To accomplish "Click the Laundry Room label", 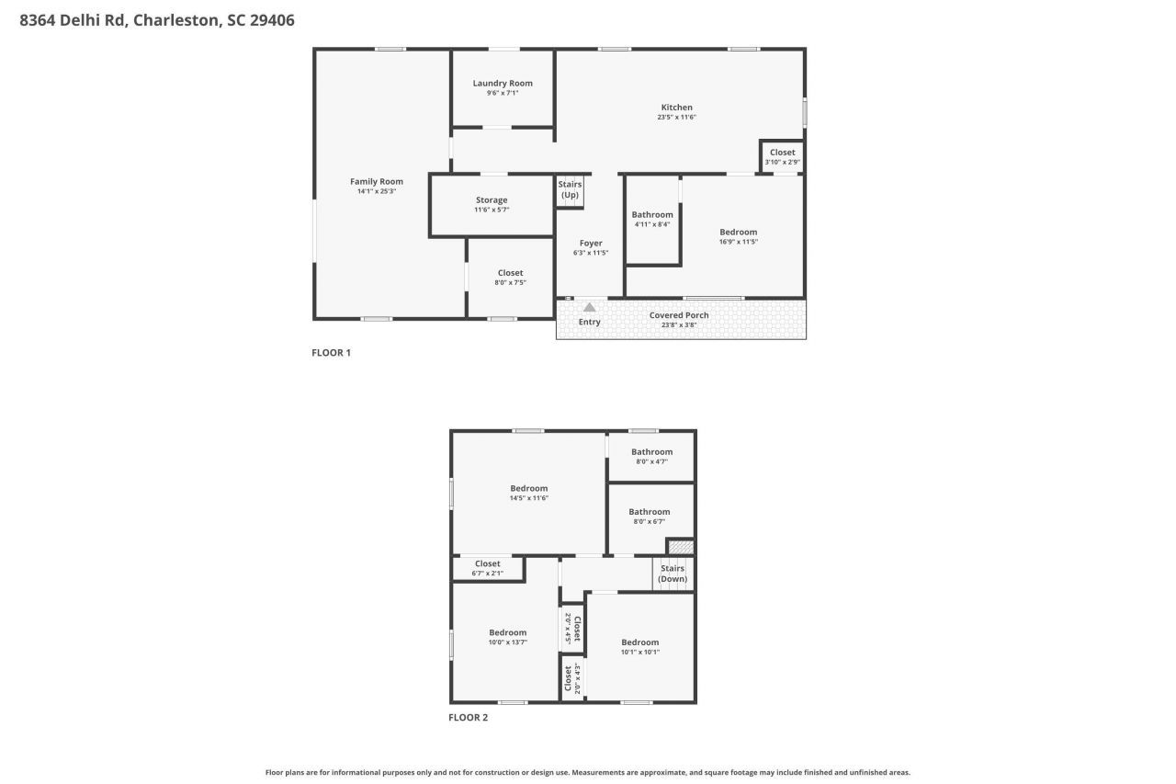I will click(503, 84).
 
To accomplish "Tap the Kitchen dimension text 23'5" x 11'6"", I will click(676, 118).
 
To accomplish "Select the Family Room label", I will click(377, 182).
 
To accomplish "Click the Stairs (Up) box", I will click(570, 190).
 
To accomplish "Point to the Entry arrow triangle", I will click(589, 307).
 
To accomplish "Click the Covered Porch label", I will click(679, 315).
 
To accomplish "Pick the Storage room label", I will click(492, 200).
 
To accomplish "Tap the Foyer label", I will click(591, 244).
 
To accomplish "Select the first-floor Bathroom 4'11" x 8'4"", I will click(652, 219).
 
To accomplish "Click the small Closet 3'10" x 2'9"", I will click(782, 156).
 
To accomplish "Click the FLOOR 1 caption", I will click(331, 353).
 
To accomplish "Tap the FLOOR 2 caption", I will click(468, 718).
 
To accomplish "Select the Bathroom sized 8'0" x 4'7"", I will click(651, 456).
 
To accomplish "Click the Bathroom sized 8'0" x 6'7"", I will click(649, 516).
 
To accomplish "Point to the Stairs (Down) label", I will click(673, 574).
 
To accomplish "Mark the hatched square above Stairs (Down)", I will click(680, 547).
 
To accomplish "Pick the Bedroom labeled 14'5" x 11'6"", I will click(529, 493).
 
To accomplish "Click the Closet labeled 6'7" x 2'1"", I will click(487, 568).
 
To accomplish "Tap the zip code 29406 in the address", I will click(272, 19).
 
